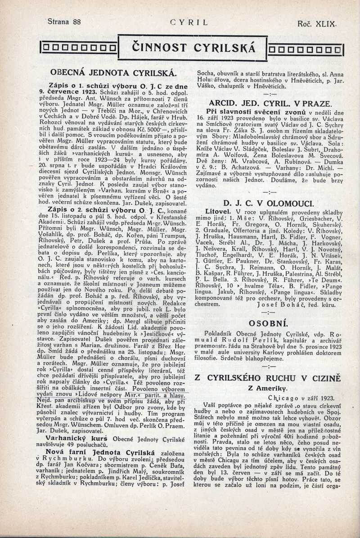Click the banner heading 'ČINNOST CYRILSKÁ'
coord(192,47)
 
